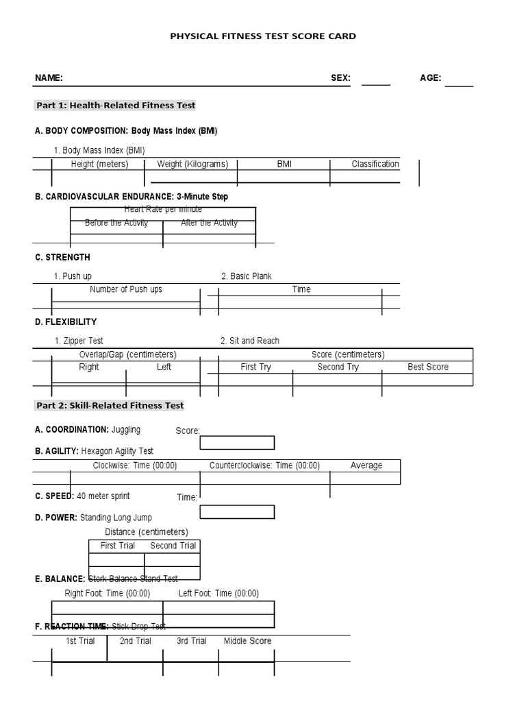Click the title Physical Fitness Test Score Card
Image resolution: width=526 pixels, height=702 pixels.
pos(263,36)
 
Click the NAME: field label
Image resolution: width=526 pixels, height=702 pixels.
pos(49,78)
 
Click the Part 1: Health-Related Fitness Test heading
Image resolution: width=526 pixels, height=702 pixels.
pos(116,106)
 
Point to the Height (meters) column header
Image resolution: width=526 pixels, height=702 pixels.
pos(99,165)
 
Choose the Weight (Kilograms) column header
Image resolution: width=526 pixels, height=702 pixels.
pos(192,165)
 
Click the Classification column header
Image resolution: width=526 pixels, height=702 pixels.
pos(375,165)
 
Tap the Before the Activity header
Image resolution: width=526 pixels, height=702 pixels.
pos(116,223)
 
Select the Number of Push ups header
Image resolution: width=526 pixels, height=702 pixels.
pos(126,289)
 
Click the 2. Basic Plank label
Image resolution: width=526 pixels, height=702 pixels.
pos(247,276)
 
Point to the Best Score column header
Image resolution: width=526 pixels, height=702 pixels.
pos(428,367)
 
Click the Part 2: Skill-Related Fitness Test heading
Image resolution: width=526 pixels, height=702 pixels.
pos(110,405)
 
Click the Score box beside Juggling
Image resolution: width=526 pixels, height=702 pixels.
pos(237,443)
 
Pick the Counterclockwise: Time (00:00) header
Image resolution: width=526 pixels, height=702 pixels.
pos(264,465)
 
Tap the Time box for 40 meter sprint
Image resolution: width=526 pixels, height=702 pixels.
pos(237,512)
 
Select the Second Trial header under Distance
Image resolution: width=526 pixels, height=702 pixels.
pos(173,546)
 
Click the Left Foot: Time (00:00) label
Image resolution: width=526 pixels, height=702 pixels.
pos(218,594)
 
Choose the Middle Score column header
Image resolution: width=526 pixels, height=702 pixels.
pos(247,641)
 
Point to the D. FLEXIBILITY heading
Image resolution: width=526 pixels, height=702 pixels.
pos(66,322)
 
